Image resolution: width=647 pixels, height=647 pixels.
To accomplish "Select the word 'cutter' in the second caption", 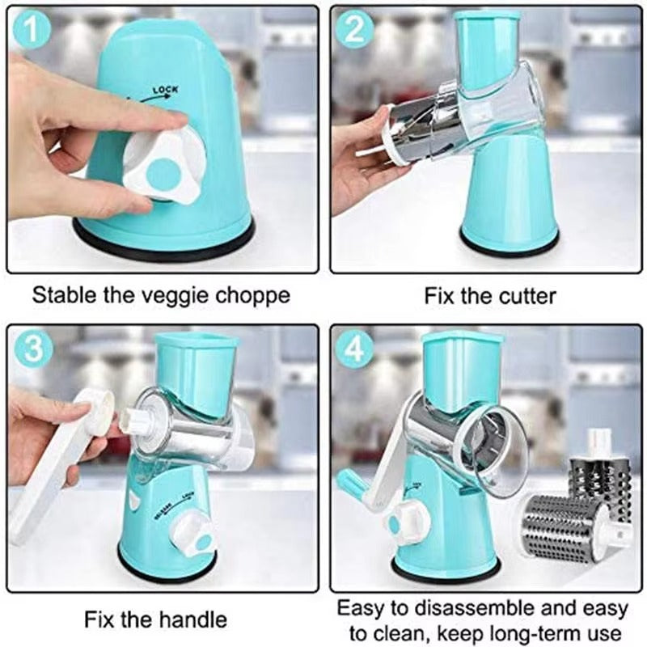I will click(x=525, y=295).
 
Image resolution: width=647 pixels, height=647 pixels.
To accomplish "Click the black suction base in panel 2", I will click(x=509, y=240).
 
